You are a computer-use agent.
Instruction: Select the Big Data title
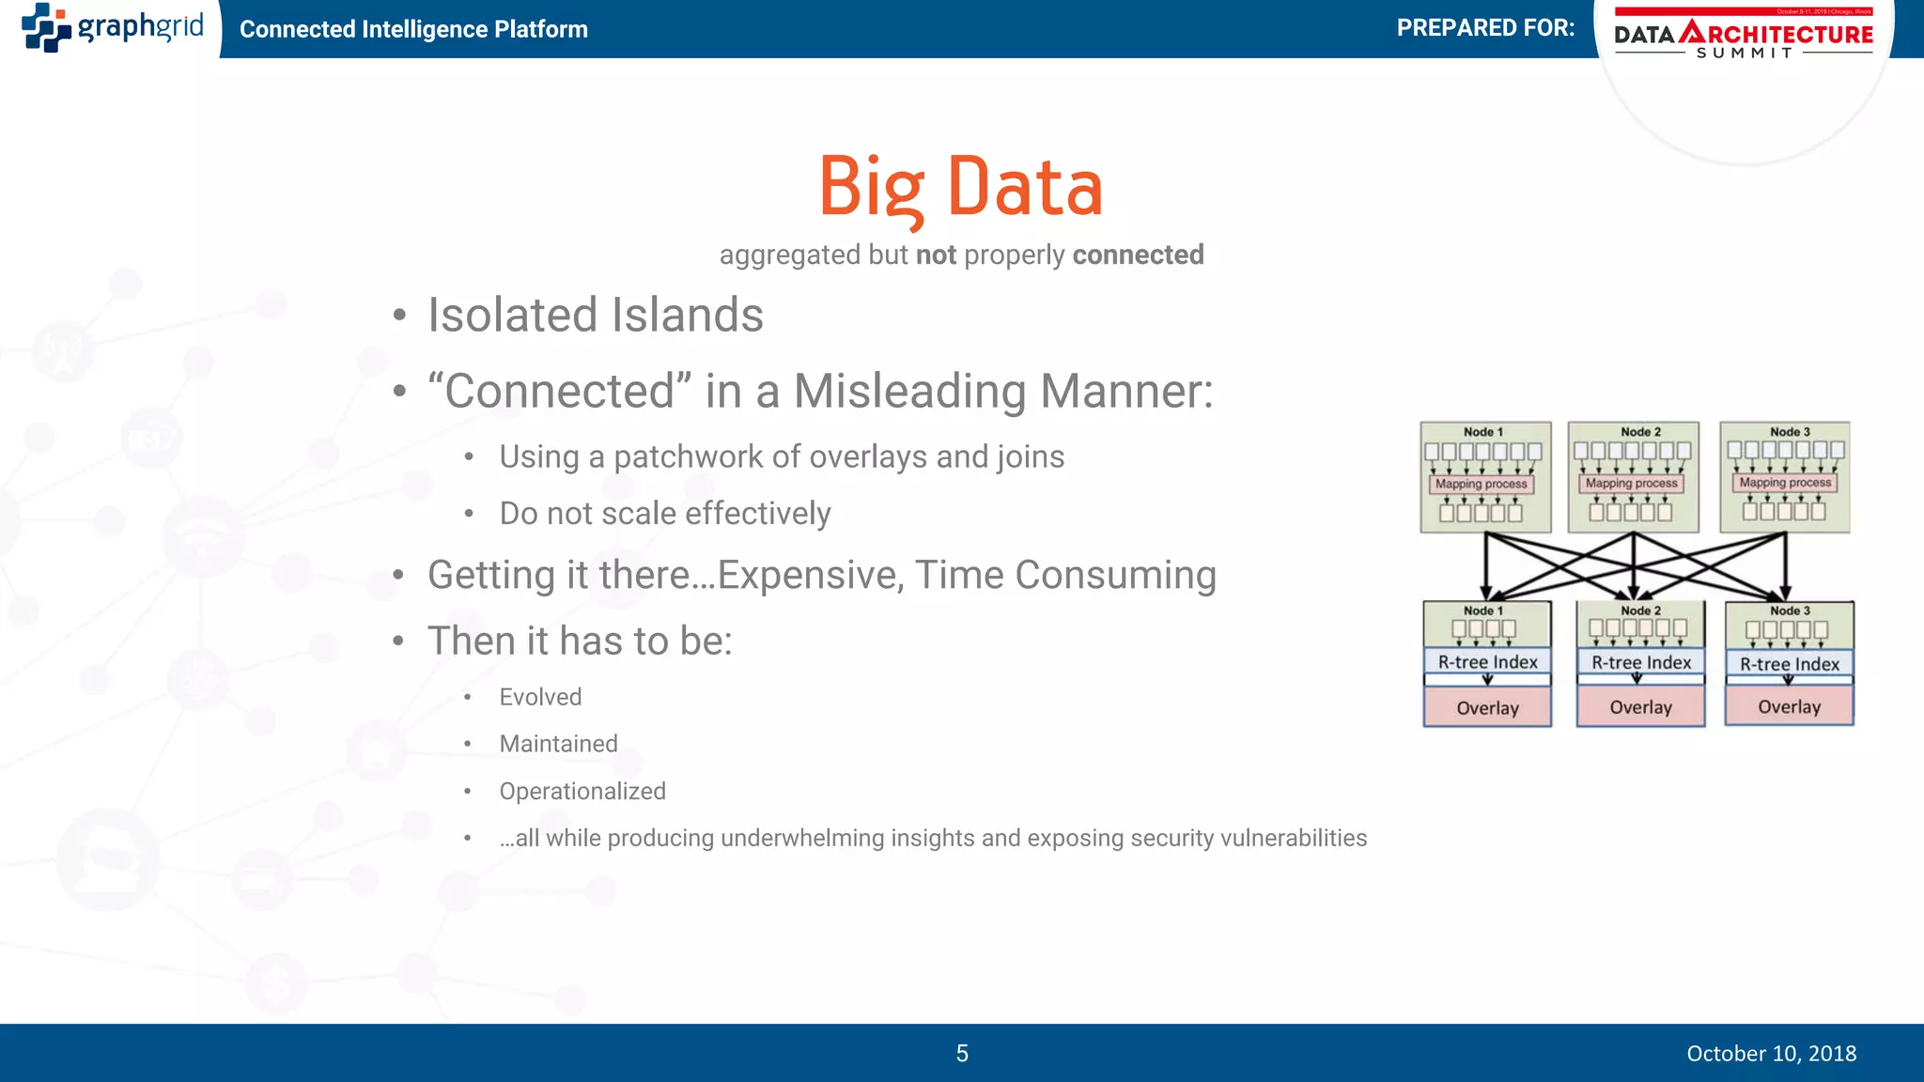pyautogui.click(x=960, y=187)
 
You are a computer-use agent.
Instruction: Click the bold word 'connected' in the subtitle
pyautogui.click(x=1138, y=255)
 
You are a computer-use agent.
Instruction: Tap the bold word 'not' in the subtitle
pyautogui.click(x=936, y=255)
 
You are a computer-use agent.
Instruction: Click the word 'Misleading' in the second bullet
pyautogui.click(x=910, y=391)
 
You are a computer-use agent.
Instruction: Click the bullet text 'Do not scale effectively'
pyautogui.click(x=664, y=514)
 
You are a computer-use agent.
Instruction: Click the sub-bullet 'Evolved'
pyautogui.click(x=540, y=697)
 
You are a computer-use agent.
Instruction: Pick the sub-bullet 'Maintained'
pyautogui.click(x=558, y=744)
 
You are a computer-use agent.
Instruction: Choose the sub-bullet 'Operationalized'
pyautogui.click(x=582, y=791)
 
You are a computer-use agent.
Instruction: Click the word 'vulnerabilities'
pyautogui.click(x=1293, y=838)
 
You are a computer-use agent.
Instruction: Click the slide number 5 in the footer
pyautogui.click(x=962, y=1053)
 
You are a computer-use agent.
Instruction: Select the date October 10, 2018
pyautogui.click(x=1771, y=1053)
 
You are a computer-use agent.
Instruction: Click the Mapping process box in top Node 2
pyautogui.click(x=1631, y=483)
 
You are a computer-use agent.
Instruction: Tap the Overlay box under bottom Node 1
pyautogui.click(x=1487, y=707)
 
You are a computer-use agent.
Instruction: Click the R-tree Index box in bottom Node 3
pyautogui.click(x=1789, y=664)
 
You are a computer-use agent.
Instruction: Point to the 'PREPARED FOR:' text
pyautogui.click(x=1485, y=28)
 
